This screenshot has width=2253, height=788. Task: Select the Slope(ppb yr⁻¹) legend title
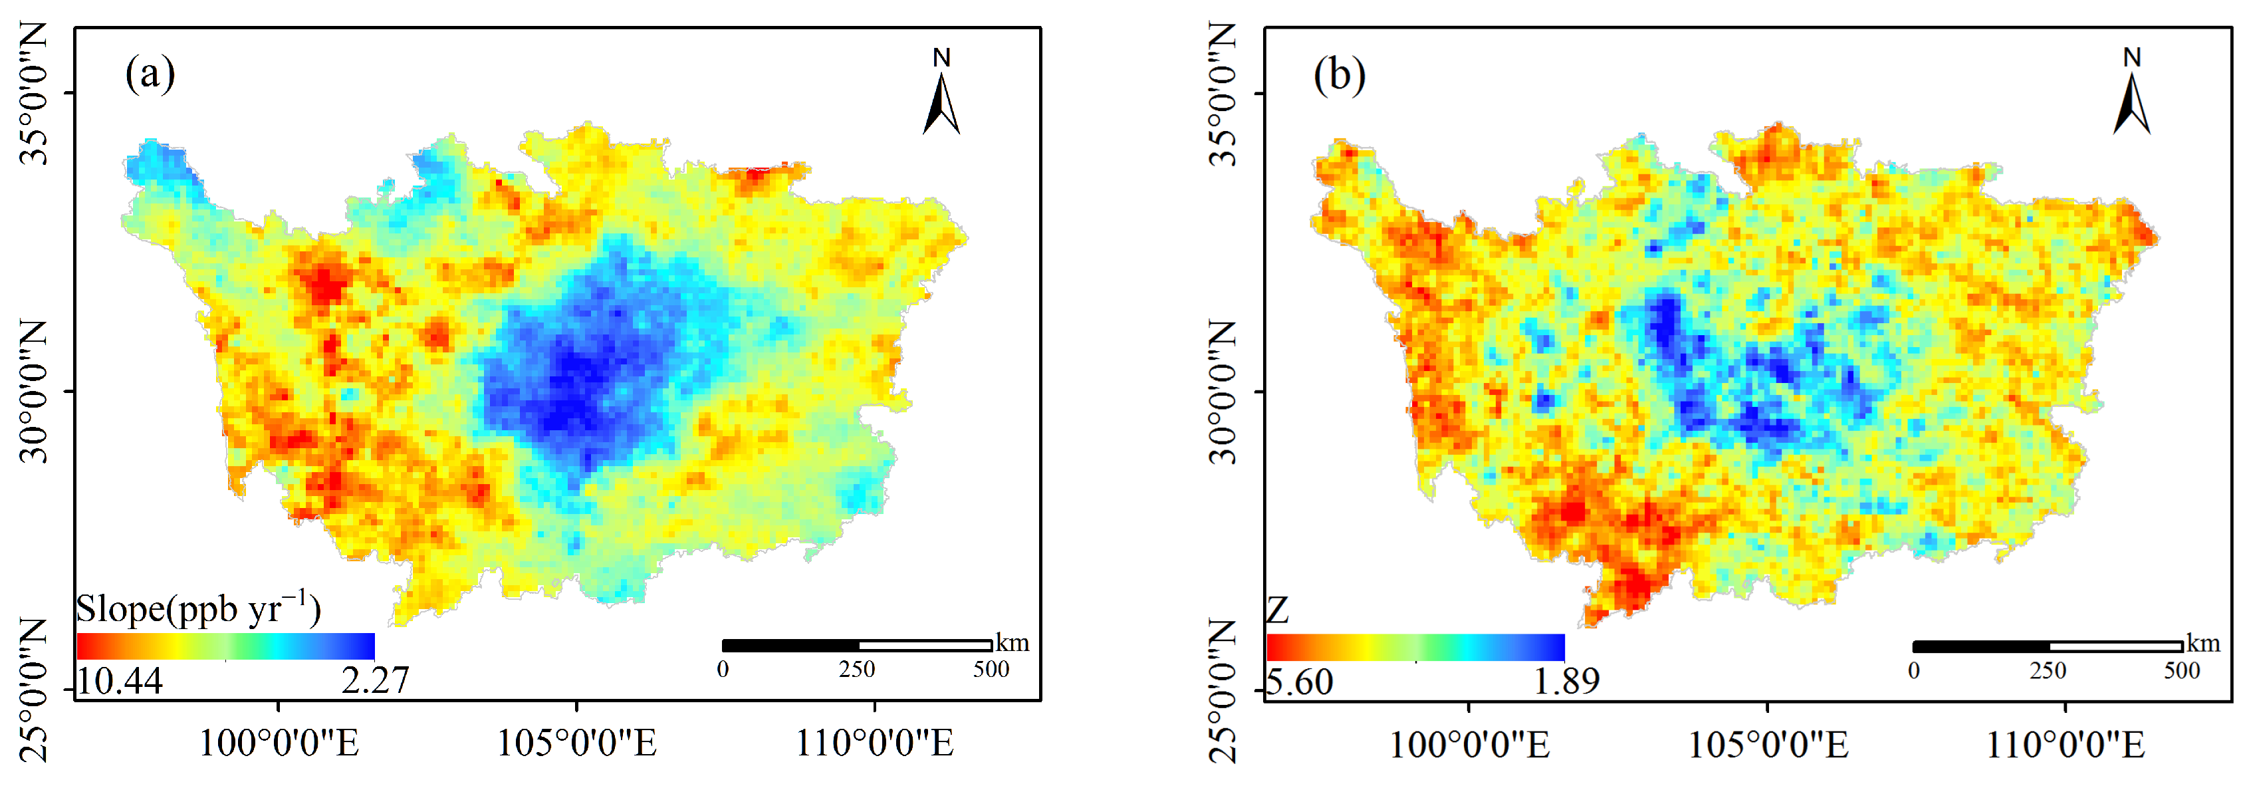tap(199, 608)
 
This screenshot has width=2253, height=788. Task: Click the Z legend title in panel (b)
tap(1278, 610)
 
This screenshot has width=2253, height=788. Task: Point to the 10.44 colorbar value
tap(120, 680)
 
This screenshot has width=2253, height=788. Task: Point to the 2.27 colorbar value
tap(374, 680)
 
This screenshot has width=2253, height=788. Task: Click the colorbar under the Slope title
tap(225, 646)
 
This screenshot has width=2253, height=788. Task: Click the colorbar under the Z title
tap(1415, 647)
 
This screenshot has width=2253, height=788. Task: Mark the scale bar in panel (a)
tap(856, 646)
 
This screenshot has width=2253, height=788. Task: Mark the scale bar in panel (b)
tap(2047, 646)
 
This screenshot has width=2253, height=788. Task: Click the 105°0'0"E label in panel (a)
tap(576, 743)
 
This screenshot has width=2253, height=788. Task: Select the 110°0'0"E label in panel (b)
tap(2065, 744)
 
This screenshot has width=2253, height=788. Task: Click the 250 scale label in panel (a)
tap(856, 669)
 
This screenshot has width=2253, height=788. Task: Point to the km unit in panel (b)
tap(2203, 644)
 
